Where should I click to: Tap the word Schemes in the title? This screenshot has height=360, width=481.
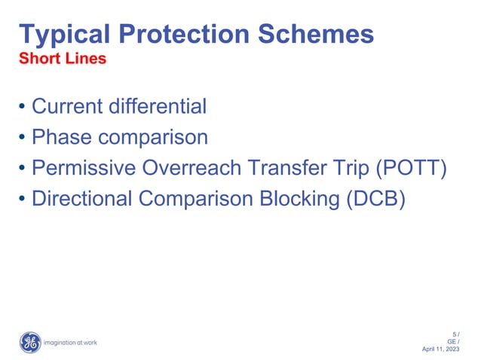click(x=319, y=34)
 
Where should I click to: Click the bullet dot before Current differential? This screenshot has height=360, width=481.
click(x=22, y=107)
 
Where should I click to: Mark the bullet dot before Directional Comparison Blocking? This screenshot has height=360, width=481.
click(x=22, y=200)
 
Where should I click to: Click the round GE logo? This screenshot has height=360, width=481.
click(x=29, y=342)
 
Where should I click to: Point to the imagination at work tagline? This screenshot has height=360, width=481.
click(x=71, y=343)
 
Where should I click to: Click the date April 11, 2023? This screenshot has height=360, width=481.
click(x=443, y=349)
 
